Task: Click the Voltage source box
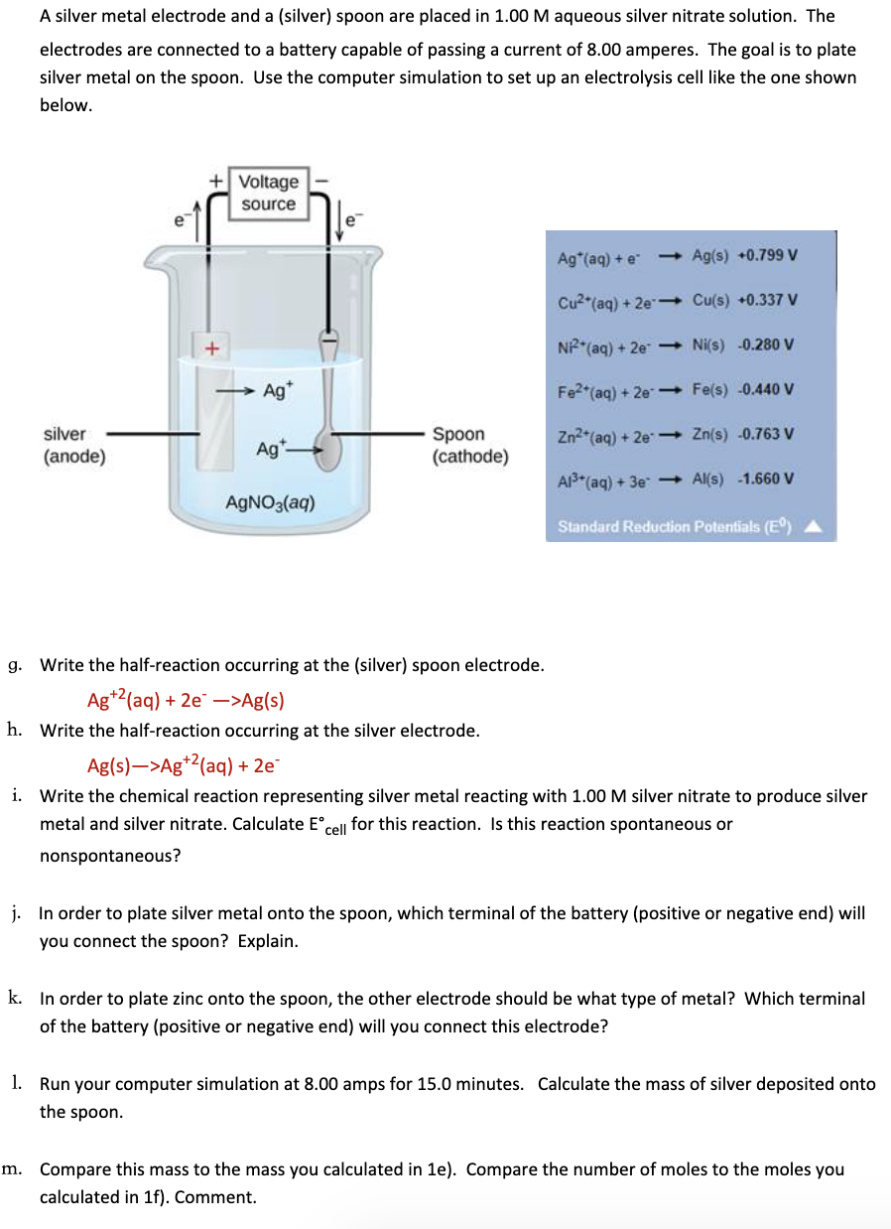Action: coord(269,193)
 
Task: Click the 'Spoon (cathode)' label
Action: coord(470,446)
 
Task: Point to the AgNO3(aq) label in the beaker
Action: coord(271,502)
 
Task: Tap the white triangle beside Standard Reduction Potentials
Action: coord(811,526)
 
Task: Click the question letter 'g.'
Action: coord(15,664)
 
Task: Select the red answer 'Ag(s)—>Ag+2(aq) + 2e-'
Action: coord(184,764)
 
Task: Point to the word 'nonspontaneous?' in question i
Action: coord(110,855)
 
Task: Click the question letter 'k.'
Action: coord(15,998)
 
